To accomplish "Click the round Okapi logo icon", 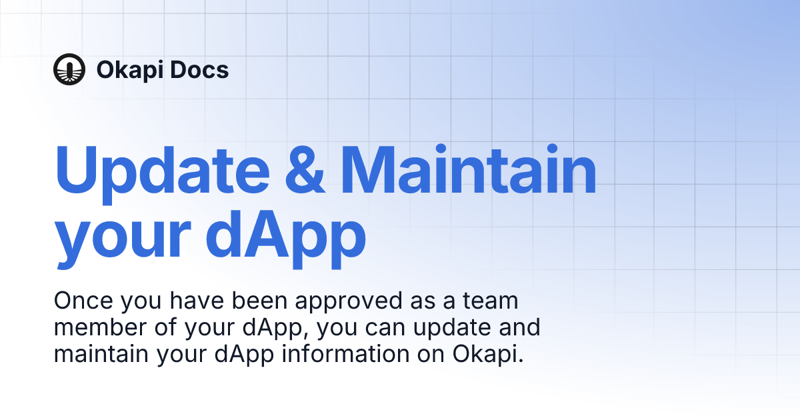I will tap(69, 69).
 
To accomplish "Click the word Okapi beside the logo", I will tap(129, 70).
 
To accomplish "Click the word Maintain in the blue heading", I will tap(469, 169).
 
